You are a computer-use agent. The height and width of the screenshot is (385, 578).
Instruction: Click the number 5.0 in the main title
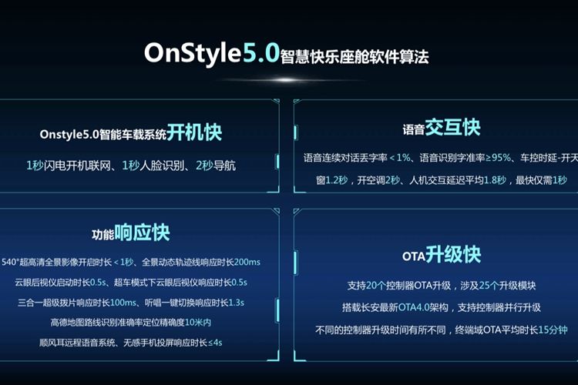click(261, 52)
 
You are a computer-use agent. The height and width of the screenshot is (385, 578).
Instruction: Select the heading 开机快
click(194, 132)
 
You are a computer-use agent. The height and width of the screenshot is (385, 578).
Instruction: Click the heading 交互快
click(452, 128)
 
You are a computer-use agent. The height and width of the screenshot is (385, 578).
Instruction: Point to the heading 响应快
click(142, 232)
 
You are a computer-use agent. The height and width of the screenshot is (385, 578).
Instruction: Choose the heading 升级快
click(453, 254)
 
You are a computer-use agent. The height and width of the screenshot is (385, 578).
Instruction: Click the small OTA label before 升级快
click(414, 256)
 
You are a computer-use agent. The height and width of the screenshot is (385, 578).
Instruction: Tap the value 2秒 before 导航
click(204, 166)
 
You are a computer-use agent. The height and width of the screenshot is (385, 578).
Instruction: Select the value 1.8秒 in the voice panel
click(495, 180)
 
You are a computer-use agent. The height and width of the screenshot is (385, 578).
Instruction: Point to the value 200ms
click(247, 262)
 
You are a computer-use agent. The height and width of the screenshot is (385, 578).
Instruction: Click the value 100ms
click(123, 303)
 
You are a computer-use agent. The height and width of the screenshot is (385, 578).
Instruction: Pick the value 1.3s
click(237, 303)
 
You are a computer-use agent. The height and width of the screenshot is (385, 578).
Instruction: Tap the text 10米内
click(198, 323)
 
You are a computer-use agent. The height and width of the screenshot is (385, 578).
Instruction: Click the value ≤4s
click(215, 343)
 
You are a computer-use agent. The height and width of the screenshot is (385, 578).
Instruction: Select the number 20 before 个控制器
click(371, 286)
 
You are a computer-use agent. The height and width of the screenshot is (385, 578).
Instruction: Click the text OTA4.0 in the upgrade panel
click(415, 307)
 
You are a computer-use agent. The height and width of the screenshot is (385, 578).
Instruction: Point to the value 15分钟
click(553, 330)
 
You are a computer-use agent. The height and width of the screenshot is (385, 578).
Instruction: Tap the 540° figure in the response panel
click(9, 262)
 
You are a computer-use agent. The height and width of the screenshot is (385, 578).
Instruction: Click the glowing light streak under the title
click(288, 80)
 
